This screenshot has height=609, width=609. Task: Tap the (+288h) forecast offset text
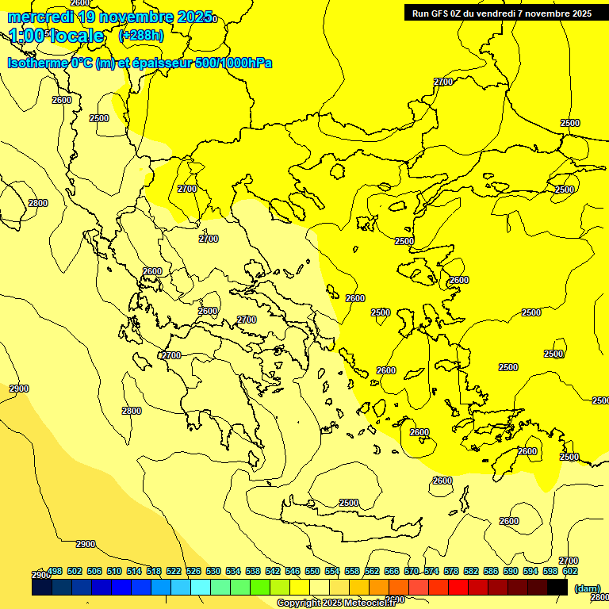141,35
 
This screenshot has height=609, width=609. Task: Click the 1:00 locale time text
57,36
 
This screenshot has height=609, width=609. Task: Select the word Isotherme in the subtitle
36,63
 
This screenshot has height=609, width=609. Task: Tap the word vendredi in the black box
499,13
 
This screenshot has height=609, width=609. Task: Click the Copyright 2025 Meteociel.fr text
336,603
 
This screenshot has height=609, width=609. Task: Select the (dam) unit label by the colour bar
587,588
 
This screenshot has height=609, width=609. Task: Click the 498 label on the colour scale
55,571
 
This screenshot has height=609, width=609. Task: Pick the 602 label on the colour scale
569,571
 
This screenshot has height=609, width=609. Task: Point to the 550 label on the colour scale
312,571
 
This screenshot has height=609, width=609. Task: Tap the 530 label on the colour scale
213,571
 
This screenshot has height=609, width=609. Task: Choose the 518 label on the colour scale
154,571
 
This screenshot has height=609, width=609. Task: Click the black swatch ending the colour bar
557,588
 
